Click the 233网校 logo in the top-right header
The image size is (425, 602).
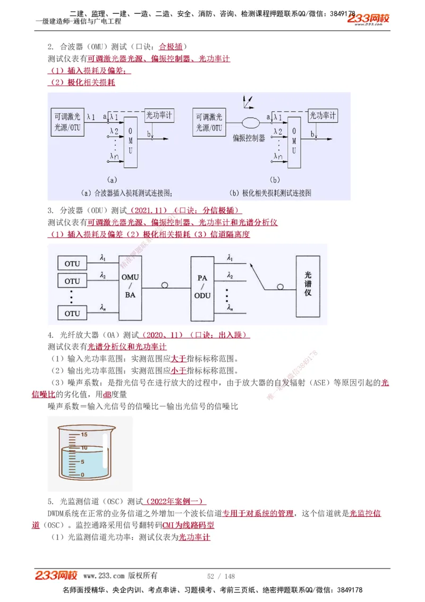coord(368,19)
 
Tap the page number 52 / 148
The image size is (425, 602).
coord(220,576)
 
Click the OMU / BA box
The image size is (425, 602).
coord(130,286)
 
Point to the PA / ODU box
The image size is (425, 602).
coord(202,286)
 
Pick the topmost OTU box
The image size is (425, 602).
coord(72,264)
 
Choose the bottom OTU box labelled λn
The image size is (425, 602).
coord(72,313)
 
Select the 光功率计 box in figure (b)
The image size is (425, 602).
coord(322,115)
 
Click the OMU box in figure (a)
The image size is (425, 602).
coord(131,139)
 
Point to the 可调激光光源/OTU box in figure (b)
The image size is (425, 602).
coord(209,122)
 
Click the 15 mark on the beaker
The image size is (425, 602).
coord(83,434)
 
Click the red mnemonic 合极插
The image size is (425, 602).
coord(171,47)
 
